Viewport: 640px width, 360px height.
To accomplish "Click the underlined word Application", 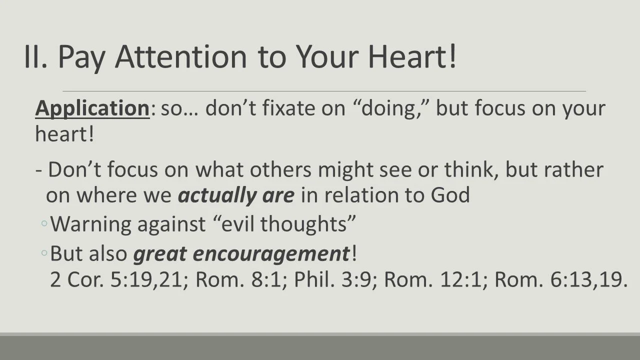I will click(x=92, y=108).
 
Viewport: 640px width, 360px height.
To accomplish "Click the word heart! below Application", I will click(x=64, y=134).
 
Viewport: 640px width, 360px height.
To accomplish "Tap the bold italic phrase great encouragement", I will click(x=241, y=253).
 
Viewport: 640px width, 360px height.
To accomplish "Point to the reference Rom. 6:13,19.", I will click(x=560, y=280).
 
